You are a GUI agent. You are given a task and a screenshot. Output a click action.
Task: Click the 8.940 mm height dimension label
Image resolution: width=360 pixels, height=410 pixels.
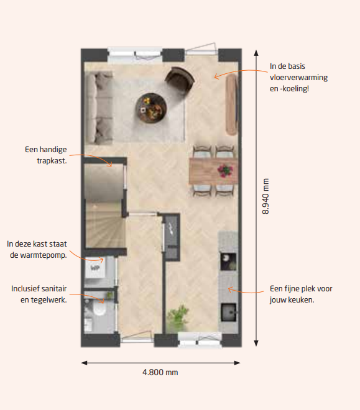tap(265, 196)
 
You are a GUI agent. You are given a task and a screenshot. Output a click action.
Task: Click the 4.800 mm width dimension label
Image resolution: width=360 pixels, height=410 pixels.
tap(160, 372)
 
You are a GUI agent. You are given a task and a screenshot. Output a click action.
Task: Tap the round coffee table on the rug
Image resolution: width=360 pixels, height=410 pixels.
tap(151, 107)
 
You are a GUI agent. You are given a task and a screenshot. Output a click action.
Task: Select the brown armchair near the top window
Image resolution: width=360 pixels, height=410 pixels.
tap(180, 80)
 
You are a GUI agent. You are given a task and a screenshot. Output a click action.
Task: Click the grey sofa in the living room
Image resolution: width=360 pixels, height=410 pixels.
tap(99, 108)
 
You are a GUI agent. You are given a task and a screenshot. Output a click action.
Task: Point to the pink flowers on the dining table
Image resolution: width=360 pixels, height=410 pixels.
tap(225, 170)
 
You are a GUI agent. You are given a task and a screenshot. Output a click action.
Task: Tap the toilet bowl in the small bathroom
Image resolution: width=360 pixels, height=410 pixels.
tap(99, 309)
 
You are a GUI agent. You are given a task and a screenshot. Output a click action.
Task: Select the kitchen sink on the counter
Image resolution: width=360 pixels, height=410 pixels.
tap(229, 312)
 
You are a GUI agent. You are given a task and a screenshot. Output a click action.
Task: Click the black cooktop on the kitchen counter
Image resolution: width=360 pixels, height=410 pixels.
tap(228, 261)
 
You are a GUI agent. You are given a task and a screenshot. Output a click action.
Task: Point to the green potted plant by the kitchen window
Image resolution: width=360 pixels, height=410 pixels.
tap(178, 317)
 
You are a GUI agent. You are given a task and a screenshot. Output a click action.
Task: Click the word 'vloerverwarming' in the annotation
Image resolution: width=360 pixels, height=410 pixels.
tap(299, 78)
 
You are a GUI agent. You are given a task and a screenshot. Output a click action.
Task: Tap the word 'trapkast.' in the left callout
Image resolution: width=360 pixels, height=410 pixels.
tap(52, 161)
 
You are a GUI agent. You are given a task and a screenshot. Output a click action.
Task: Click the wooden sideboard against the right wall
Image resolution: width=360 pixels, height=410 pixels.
tap(232, 104)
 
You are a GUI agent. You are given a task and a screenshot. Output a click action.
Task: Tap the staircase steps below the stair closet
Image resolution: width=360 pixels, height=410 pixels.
tap(105, 225)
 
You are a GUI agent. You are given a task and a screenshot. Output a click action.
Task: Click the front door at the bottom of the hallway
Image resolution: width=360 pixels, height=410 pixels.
tap(137, 337)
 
